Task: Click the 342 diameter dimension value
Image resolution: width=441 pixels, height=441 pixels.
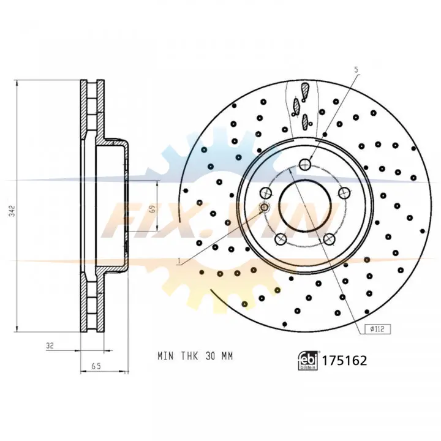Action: pyautogui.click(x=12, y=211)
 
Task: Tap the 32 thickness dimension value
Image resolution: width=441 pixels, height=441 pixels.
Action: pyautogui.click(x=50, y=345)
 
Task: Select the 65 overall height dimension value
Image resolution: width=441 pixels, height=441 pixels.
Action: pyautogui.click(x=97, y=366)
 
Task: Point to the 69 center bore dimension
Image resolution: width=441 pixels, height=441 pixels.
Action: pyautogui.click(x=152, y=208)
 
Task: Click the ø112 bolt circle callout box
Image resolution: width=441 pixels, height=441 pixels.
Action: pyautogui.click(x=377, y=329)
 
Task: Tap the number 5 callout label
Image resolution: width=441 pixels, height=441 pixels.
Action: pyautogui.click(x=356, y=70)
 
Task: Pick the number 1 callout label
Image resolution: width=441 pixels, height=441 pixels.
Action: pyautogui.click(x=179, y=262)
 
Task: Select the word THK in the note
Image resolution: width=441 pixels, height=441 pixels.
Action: pyautogui.click(x=189, y=356)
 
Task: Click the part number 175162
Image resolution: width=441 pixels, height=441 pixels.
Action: pyautogui.click(x=344, y=360)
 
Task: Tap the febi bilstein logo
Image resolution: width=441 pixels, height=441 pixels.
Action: pyautogui.click(x=308, y=360)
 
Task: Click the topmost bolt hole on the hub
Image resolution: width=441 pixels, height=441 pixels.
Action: pyautogui.click(x=305, y=164)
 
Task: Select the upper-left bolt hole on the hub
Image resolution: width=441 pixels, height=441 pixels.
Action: pyautogui.click(x=266, y=193)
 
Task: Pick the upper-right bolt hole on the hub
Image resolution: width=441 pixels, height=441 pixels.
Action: pyautogui.click(x=344, y=193)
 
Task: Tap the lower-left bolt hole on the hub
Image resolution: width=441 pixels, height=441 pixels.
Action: pyautogui.click(x=281, y=239)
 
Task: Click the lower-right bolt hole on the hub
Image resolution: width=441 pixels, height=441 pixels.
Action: pyautogui.click(x=329, y=239)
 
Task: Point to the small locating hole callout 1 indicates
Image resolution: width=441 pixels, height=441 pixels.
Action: pyautogui.click(x=265, y=208)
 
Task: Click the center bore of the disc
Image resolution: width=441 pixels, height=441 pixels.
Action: pyautogui.click(x=305, y=206)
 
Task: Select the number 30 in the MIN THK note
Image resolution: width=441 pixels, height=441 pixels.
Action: pyautogui.click(x=210, y=356)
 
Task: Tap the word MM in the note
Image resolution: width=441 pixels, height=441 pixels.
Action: pyautogui.click(x=227, y=356)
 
